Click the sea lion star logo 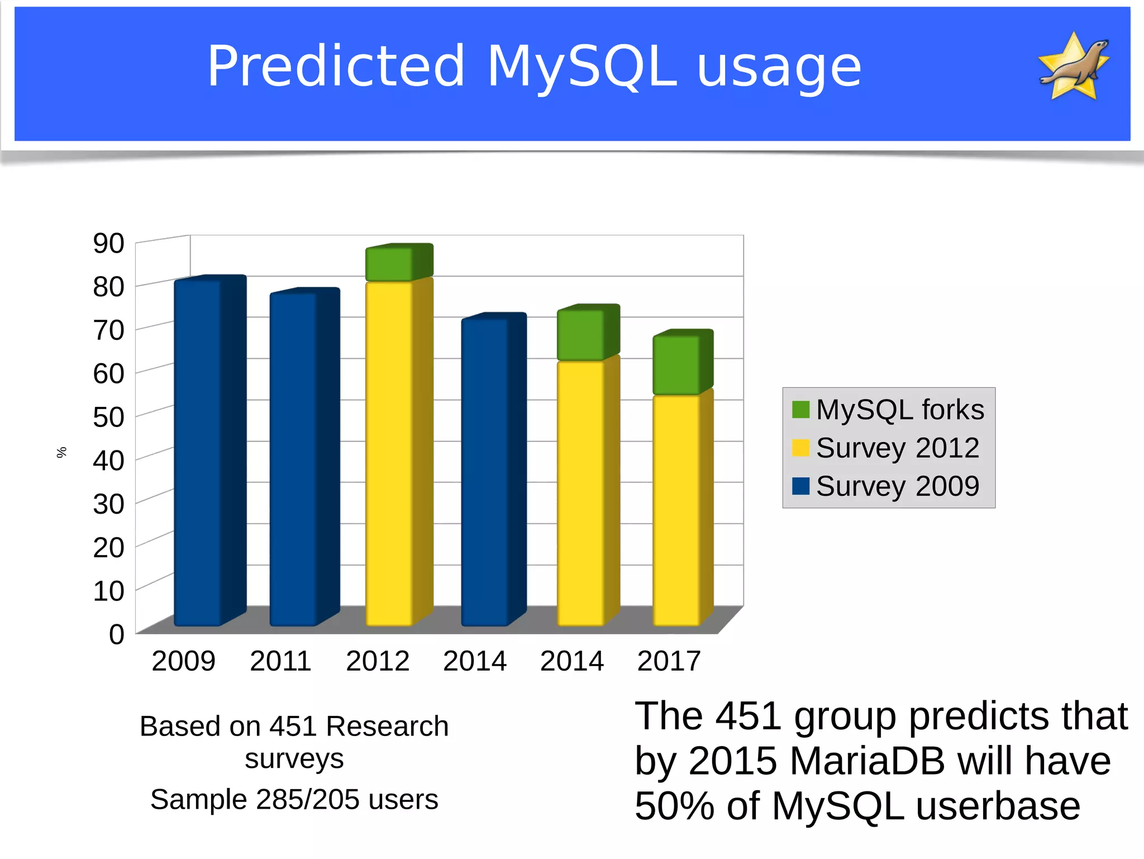(x=1074, y=67)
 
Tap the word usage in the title (x=779, y=68)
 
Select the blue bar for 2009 (x=198, y=453)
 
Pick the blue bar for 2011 (x=294, y=458)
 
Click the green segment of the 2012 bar (x=389, y=264)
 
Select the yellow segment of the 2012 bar (x=389, y=453)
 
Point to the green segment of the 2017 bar (x=676, y=365)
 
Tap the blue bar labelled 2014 (x=485, y=472)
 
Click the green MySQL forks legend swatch (x=800, y=410)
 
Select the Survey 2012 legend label (x=897, y=448)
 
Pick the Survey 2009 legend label (x=897, y=486)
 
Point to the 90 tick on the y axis (x=109, y=244)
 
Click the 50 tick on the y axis (x=109, y=417)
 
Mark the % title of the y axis (x=61, y=452)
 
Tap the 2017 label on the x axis (x=669, y=661)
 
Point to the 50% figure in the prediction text (x=674, y=806)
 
